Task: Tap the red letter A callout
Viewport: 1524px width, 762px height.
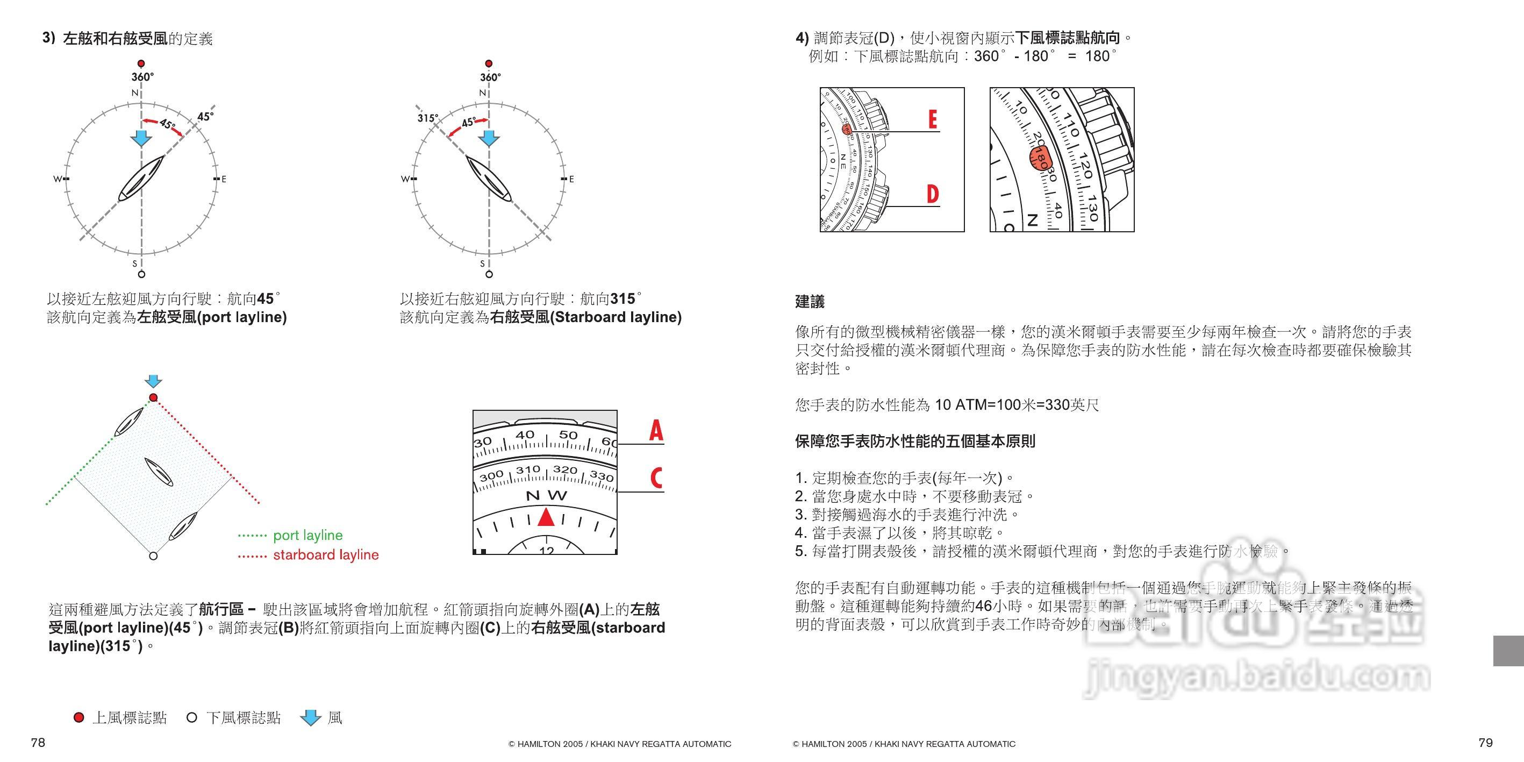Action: point(655,431)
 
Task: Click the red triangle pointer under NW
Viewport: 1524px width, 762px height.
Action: point(546,517)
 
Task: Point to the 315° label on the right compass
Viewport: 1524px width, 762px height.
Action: point(426,118)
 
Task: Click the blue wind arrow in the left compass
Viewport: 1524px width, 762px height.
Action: point(141,138)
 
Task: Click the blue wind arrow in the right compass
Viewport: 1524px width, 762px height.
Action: point(489,138)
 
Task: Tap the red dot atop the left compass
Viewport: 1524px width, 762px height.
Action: point(141,63)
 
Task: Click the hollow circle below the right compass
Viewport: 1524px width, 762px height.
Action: point(489,274)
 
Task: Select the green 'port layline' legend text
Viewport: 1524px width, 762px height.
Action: point(307,536)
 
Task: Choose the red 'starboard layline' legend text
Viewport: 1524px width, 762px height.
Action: point(325,555)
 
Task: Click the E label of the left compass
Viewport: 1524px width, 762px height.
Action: point(224,179)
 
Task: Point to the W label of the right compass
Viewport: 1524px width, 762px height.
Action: point(405,179)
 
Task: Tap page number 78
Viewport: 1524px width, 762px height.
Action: point(38,743)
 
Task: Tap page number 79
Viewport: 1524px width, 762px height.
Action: point(1485,743)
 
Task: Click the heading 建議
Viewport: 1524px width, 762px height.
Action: point(810,302)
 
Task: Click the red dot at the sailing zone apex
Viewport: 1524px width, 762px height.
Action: point(153,397)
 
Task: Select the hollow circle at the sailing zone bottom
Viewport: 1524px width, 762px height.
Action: point(153,556)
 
